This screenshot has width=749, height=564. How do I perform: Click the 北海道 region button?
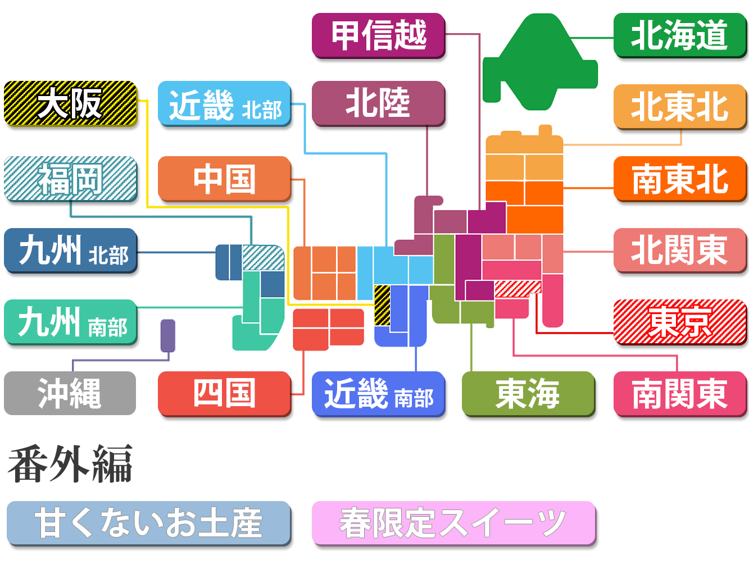679,35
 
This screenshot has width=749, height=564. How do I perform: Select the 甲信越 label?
379,35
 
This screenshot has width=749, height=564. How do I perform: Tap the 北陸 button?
379,104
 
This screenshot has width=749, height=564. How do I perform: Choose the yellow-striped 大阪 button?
71,104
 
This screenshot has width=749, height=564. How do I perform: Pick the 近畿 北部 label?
225,105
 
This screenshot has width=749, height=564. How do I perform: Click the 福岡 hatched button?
71,179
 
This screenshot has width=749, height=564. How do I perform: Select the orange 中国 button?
225,179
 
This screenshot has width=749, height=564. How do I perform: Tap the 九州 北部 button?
71,251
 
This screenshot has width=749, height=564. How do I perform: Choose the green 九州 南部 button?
71,323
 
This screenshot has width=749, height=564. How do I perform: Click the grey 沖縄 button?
70,393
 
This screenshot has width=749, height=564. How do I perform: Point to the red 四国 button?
225,393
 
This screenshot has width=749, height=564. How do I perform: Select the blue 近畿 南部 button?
379,394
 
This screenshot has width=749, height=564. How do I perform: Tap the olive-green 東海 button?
528,394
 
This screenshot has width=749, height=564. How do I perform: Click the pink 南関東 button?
680,394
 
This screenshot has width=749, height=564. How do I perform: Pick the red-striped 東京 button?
680,323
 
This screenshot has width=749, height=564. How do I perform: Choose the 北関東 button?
680,251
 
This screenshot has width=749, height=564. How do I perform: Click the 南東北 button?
680,179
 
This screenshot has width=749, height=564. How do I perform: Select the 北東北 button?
680,107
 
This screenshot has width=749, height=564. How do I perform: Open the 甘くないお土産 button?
149,523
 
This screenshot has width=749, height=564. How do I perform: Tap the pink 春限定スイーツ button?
453,523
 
